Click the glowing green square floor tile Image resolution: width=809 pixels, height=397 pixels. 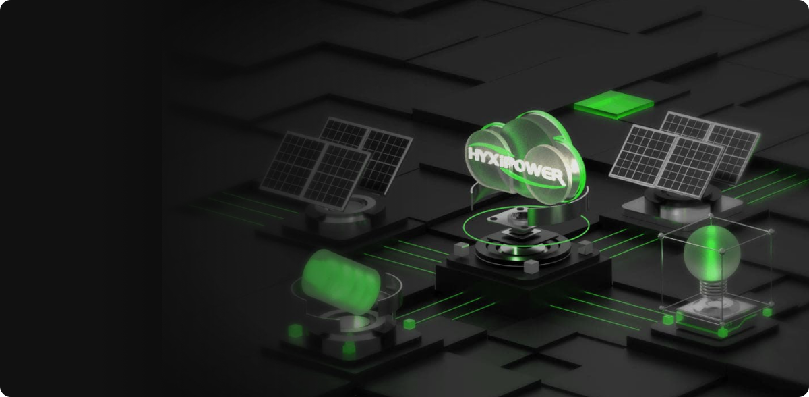[x=614, y=105]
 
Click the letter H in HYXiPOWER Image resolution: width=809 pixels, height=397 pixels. [x=474, y=154]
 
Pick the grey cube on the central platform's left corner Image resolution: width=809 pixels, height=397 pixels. [x=461, y=249]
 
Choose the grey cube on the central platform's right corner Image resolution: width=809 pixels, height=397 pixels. [x=585, y=247]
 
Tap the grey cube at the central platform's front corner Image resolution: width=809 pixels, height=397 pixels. [x=531, y=266]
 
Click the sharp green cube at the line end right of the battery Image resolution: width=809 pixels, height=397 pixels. [x=409, y=324]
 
